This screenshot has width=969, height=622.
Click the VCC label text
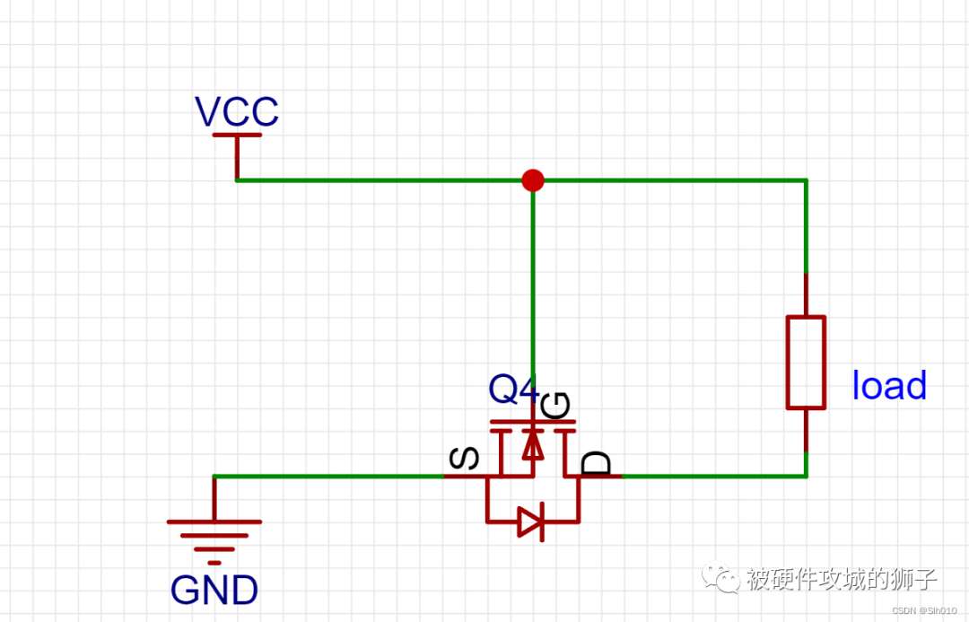pos(237,111)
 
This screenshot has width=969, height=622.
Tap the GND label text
pos(214,590)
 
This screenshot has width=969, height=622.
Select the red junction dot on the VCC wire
pos(533,180)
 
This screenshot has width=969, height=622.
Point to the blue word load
pos(889,385)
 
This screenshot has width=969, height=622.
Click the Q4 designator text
pos(513,389)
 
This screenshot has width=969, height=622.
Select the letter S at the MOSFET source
pos(464,458)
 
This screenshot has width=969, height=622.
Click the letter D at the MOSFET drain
pos(597,463)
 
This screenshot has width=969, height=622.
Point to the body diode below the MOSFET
pos(531,522)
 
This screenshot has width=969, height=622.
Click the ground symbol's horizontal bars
pos(214,542)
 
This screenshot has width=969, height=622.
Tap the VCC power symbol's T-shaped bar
pos(237,134)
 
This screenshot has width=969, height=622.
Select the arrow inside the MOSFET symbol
pos(533,444)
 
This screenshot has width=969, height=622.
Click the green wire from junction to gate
pos(533,278)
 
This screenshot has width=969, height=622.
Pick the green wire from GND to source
pos(328,476)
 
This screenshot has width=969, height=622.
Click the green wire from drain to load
pos(714,476)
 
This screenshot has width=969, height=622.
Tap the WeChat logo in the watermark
pos(720,578)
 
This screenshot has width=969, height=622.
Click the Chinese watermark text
pos(841,579)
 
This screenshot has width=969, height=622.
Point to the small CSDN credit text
pos(925,611)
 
